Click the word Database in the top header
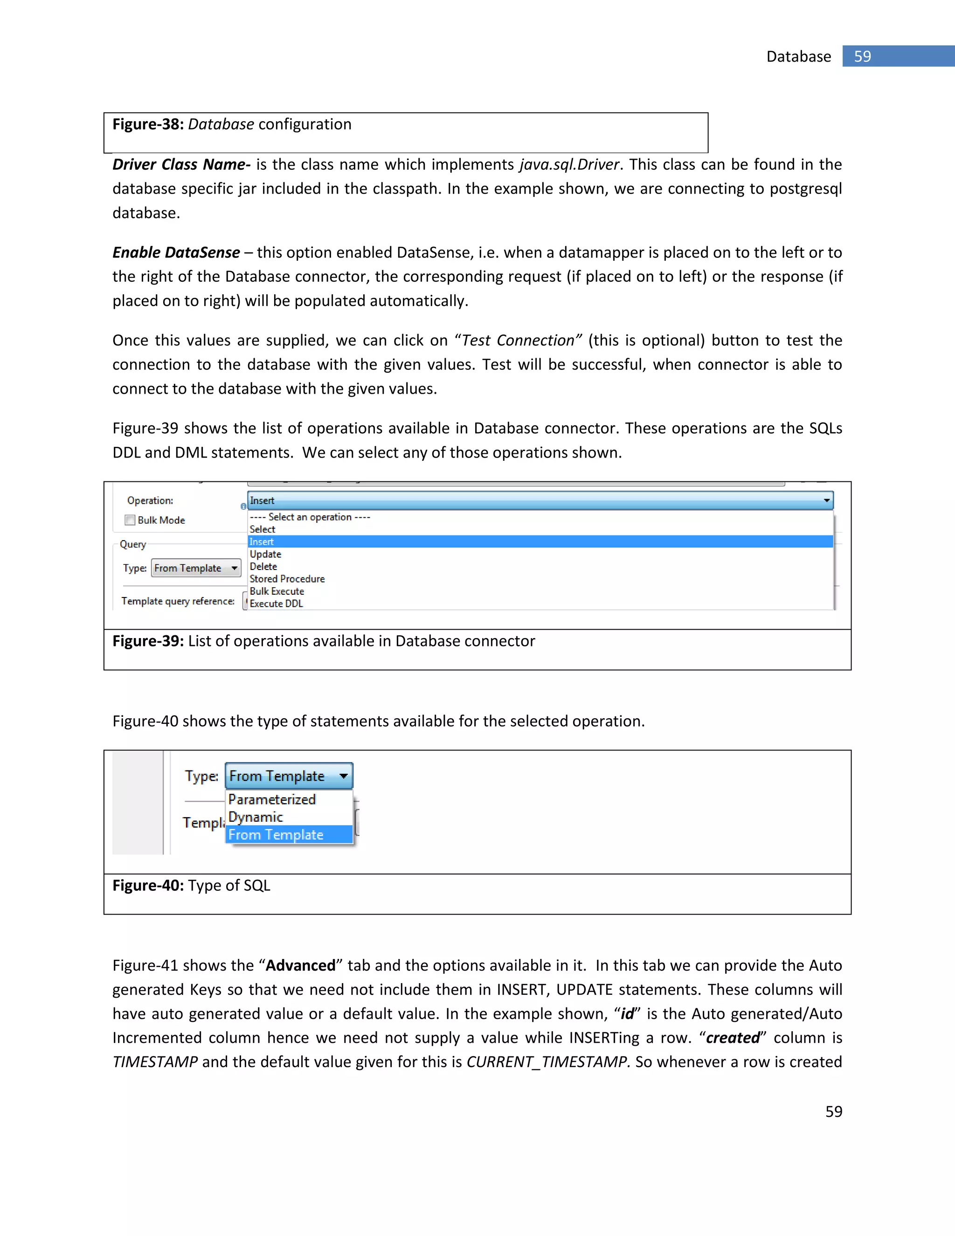(x=798, y=56)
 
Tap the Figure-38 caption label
(x=148, y=124)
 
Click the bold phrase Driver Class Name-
(x=181, y=165)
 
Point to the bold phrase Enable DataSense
(x=176, y=252)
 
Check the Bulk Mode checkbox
(x=130, y=520)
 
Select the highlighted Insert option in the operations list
(x=262, y=542)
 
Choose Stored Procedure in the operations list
(x=287, y=579)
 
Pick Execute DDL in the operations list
(x=276, y=603)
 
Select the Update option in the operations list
(x=265, y=554)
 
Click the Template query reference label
(x=178, y=601)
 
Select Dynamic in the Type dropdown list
(x=255, y=817)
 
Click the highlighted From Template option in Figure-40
(x=276, y=835)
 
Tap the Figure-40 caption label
(x=148, y=885)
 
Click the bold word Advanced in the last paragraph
(x=300, y=965)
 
